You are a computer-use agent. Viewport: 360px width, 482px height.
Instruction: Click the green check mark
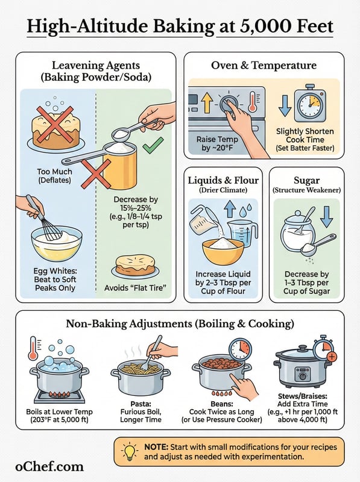coord(153,145)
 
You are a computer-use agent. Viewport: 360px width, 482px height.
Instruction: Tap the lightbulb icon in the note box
coord(130,451)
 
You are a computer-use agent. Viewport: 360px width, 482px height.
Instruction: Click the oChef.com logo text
coord(49,466)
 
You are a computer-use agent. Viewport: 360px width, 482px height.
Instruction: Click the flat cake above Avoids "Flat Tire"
coord(135,265)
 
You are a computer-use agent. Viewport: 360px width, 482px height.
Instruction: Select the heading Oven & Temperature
coord(264,65)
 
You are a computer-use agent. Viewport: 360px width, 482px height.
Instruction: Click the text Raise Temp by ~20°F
coord(217,143)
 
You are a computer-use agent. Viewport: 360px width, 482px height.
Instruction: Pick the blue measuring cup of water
coord(242,234)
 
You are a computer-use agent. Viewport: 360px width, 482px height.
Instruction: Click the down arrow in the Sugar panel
coord(326,217)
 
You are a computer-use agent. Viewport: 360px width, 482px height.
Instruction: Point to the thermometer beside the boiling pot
coord(33,348)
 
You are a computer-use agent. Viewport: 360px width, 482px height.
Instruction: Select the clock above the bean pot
coord(241,350)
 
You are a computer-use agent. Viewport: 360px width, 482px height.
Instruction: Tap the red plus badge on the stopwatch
coord(332,357)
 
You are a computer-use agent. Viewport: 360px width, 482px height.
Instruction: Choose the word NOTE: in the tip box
coord(156,447)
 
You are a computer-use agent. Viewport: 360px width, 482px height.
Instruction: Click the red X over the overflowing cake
coord(55,124)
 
